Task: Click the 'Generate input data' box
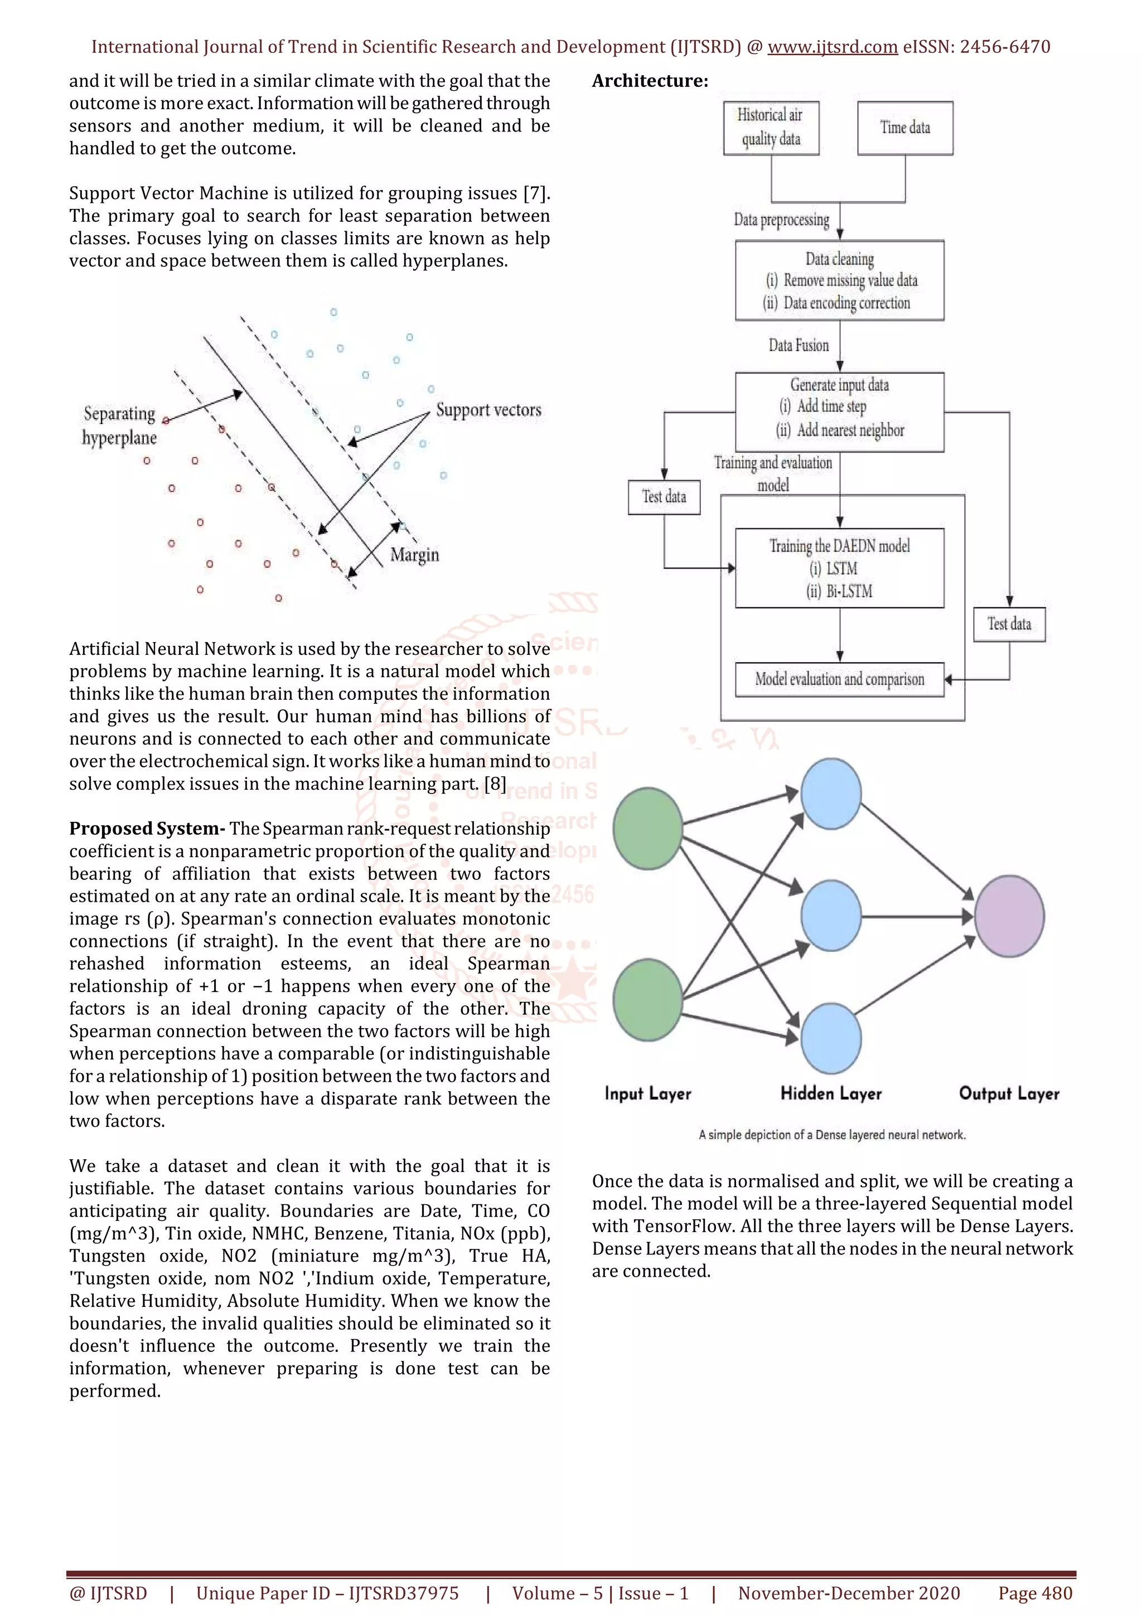(x=839, y=411)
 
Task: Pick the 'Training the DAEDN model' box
(x=839, y=568)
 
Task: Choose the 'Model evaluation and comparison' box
(x=839, y=679)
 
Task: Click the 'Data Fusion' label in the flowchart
(x=799, y=346)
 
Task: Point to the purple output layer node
(x=1009, y=916)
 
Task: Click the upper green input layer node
(x=647, y=828)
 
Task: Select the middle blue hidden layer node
(x=831, y=916)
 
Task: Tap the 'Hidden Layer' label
(x=831, y=1093)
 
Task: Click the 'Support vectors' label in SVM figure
(x=488, y=410)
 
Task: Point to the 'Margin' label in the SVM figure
(x=414, y=555)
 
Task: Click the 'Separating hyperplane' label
(x=119, y=426)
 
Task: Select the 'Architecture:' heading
(x=650, y=81)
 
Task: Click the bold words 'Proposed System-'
(x=147, y=829)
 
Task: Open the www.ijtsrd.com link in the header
(x=832, y=47)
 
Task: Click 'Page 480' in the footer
(x=1035, y=1593)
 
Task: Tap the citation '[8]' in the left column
(x=495, y=784)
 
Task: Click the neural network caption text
(x=832, y=1135)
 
